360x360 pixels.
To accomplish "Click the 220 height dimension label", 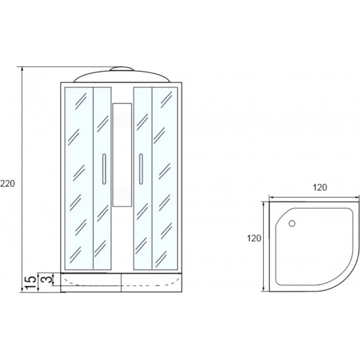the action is click(8, 183).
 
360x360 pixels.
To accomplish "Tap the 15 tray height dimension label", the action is click(30, 282).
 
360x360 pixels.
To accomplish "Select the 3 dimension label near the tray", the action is click(46, 279).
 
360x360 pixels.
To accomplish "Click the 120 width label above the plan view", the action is click(320, 188).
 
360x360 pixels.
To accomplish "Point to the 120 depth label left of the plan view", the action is click(254, 238).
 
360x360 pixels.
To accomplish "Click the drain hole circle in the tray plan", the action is click(292, 223).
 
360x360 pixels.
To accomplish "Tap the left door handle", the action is click(104, 169).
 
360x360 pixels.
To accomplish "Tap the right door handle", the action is click(141, 169).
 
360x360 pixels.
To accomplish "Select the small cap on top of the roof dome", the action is click(122, 69).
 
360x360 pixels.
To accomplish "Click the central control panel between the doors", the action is click(122, 155).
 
